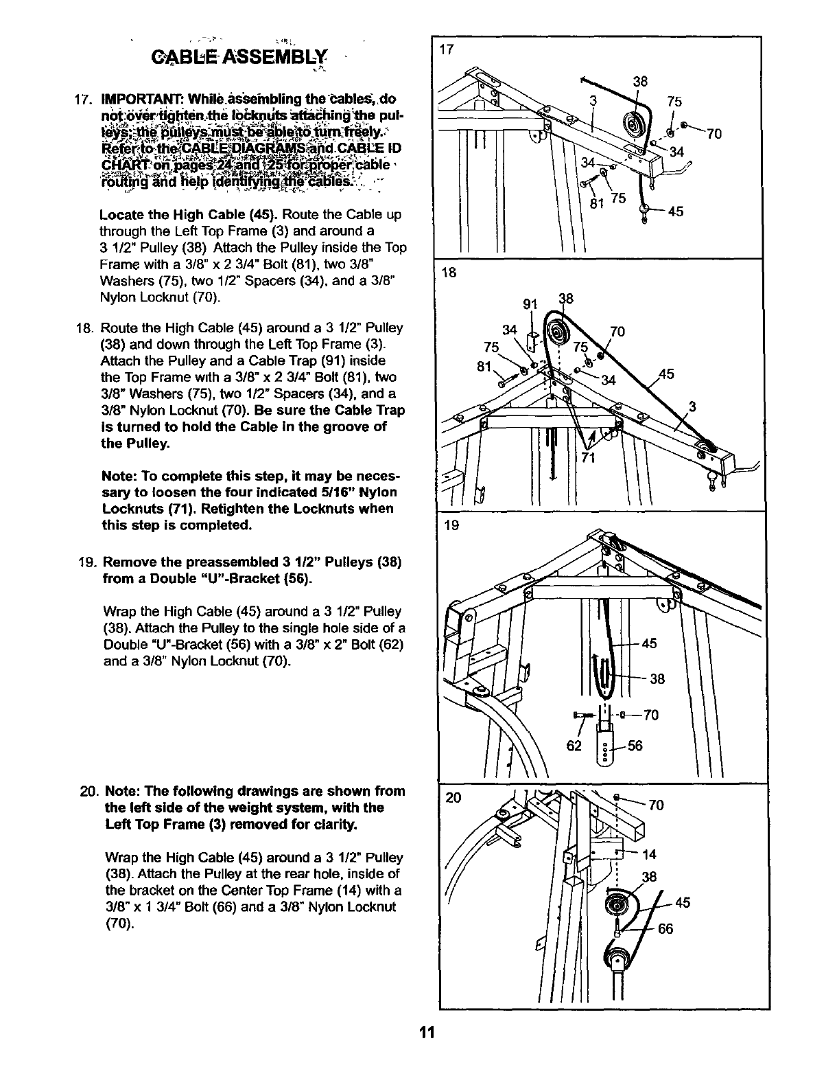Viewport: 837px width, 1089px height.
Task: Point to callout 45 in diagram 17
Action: point(675,212)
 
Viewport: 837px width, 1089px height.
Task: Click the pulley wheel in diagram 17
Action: point(632,128)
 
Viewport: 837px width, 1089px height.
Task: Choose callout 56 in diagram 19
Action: point(635,746)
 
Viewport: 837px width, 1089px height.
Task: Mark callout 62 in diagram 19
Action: point(574,746)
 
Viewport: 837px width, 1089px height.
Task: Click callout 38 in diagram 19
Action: point(657,679)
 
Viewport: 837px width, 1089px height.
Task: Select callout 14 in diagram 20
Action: point(650,855)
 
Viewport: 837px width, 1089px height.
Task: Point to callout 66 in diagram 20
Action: point(665,930)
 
